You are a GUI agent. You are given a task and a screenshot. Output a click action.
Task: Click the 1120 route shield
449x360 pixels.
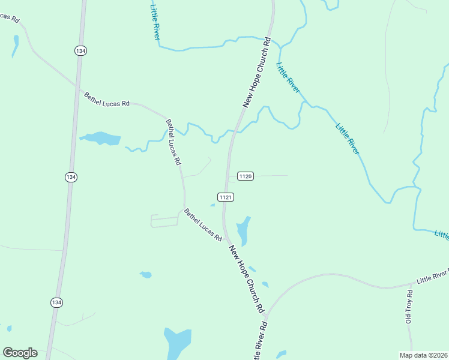coord(246,176)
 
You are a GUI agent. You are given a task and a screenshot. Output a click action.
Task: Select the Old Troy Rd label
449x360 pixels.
coord(409,307)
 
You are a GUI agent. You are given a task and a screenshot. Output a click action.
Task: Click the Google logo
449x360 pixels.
coord(20,353)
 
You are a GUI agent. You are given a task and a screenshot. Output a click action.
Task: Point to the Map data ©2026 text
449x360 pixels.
coord(424,355)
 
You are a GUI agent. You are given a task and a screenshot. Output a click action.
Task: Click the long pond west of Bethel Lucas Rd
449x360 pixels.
coord(100,139)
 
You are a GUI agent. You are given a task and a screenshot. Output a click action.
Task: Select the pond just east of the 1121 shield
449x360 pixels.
coord(243,230)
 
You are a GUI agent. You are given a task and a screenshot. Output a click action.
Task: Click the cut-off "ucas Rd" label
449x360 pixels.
coord(10,17)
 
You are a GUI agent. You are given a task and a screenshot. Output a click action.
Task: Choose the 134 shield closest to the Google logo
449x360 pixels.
coord(56,302)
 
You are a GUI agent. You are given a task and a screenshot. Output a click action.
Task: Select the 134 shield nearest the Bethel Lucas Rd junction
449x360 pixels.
coord(80,51)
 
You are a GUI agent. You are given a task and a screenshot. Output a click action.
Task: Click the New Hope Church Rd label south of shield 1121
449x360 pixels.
coord(247,277)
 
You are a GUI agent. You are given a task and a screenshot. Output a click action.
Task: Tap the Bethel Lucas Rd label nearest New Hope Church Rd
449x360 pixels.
coord(203,224)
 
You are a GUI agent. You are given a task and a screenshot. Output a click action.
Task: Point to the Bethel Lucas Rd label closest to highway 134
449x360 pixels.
coord(107,99)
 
